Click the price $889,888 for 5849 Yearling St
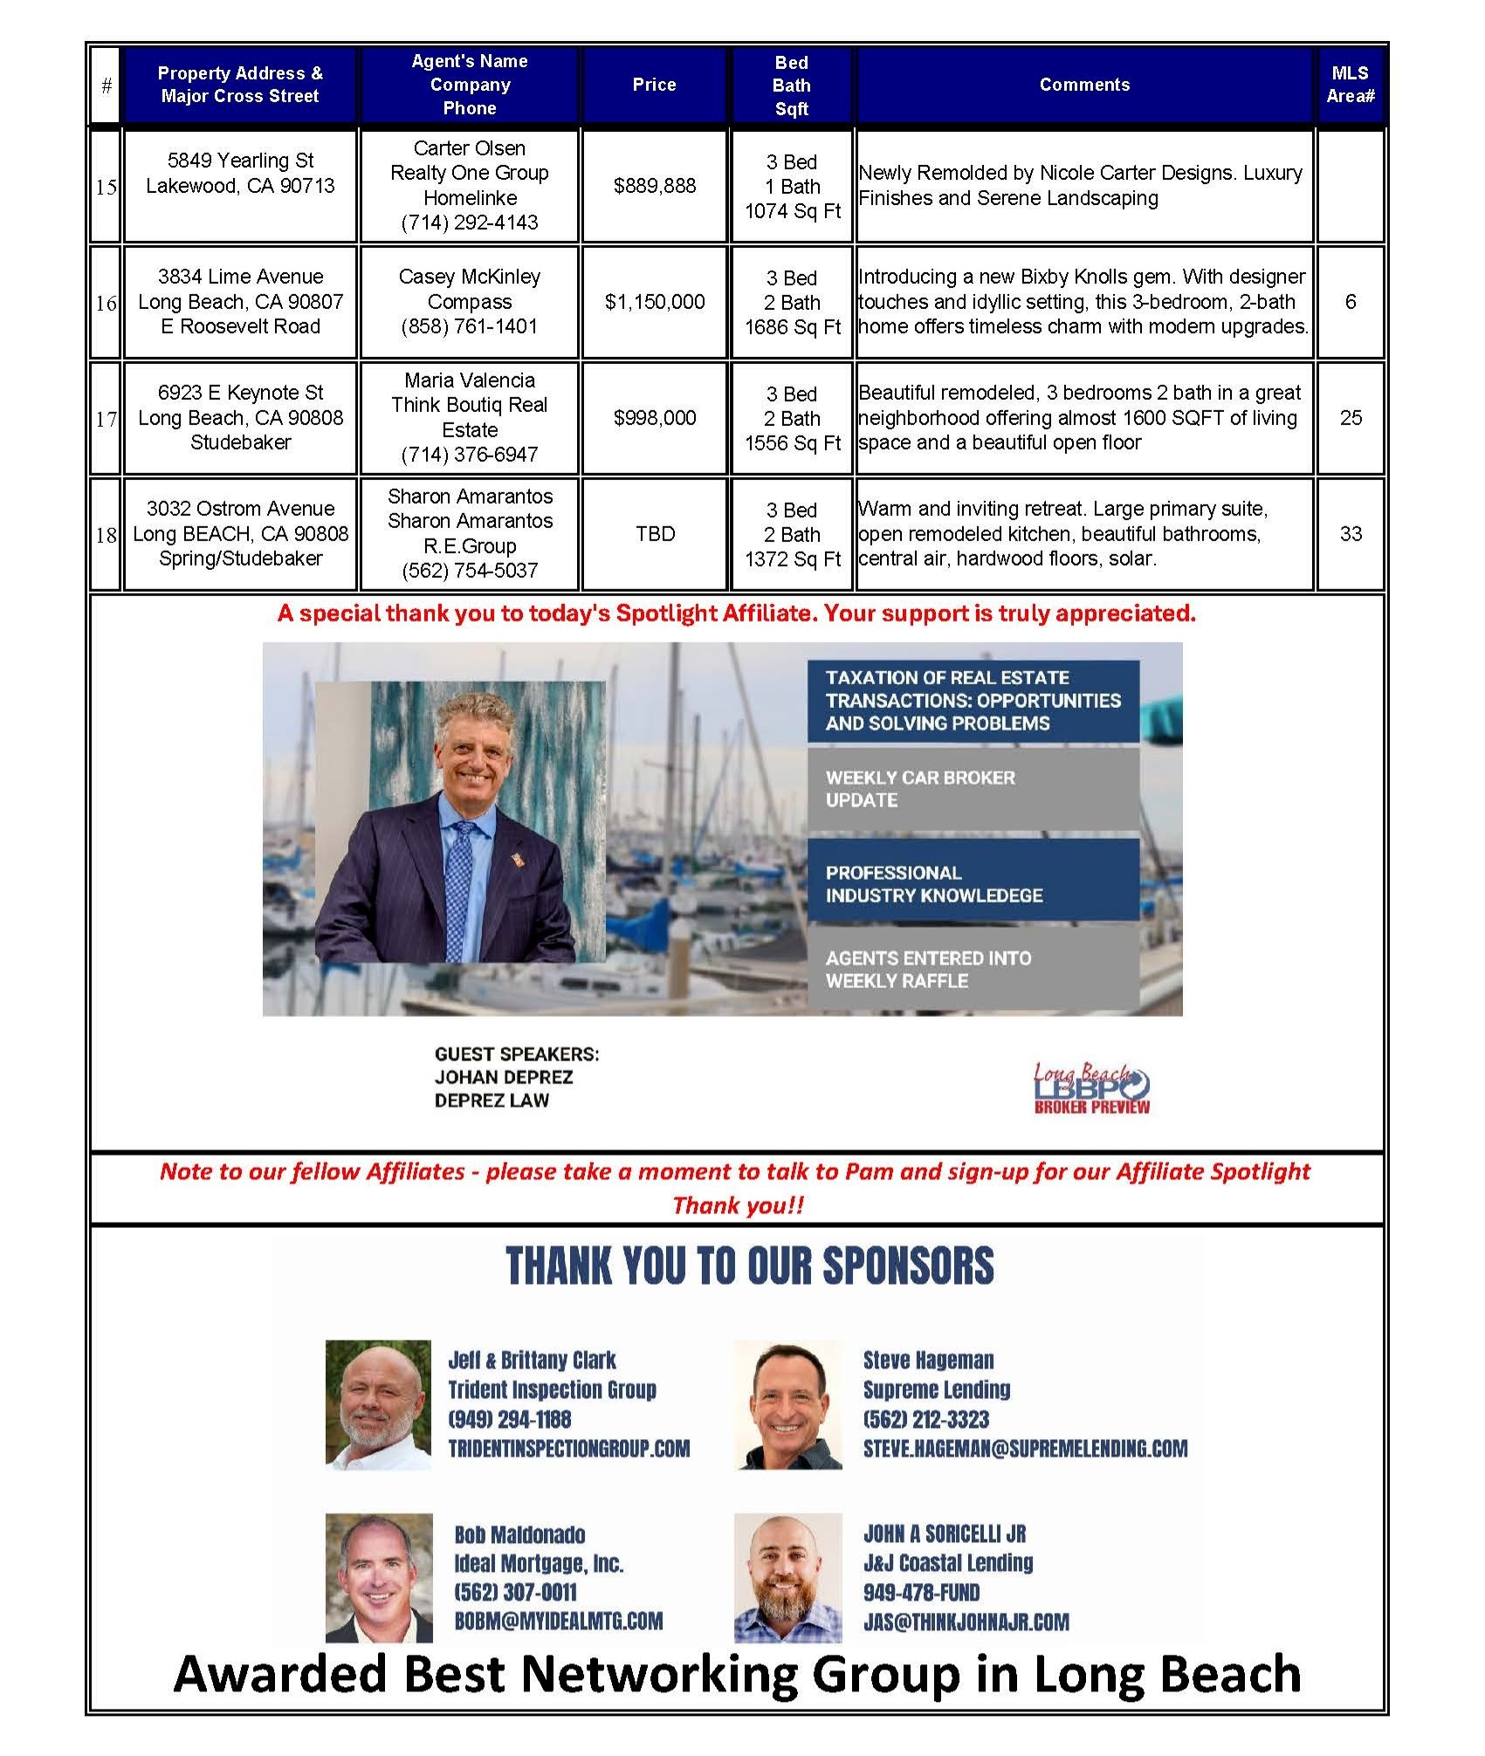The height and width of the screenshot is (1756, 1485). (x=655, y=186)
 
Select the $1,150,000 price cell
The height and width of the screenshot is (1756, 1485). (x=655, y=302)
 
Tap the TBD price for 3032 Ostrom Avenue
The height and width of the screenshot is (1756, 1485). (x=655, y=534)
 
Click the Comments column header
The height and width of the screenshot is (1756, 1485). (x=1084, y=85)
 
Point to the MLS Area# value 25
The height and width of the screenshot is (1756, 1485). (x=1351, y=418)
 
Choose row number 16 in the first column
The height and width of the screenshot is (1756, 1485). (x=107, y=303)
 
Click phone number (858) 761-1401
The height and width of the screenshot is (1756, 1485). (x=470, y=326)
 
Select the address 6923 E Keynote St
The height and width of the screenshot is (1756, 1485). (x=241, y=393)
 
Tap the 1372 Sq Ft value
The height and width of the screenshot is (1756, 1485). (x=792, y=559)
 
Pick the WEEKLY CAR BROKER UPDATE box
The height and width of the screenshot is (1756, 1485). (x=973, y=789)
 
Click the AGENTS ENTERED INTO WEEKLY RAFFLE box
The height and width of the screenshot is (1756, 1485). (x=973, y=970)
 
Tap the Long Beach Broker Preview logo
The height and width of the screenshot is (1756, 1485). (x=1091, y=1087)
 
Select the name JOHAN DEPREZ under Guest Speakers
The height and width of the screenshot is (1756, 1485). (x=504, y=1077)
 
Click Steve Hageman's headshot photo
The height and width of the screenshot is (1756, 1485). (x=787, y=1404)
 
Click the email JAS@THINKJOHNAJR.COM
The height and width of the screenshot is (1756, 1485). (x=966, y=1622)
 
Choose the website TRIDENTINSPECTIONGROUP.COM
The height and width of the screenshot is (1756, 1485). (x=568, y=1449)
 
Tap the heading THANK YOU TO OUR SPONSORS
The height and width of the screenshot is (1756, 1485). (x=750, y=1266)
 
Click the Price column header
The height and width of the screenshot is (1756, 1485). (x=655, y=85)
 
